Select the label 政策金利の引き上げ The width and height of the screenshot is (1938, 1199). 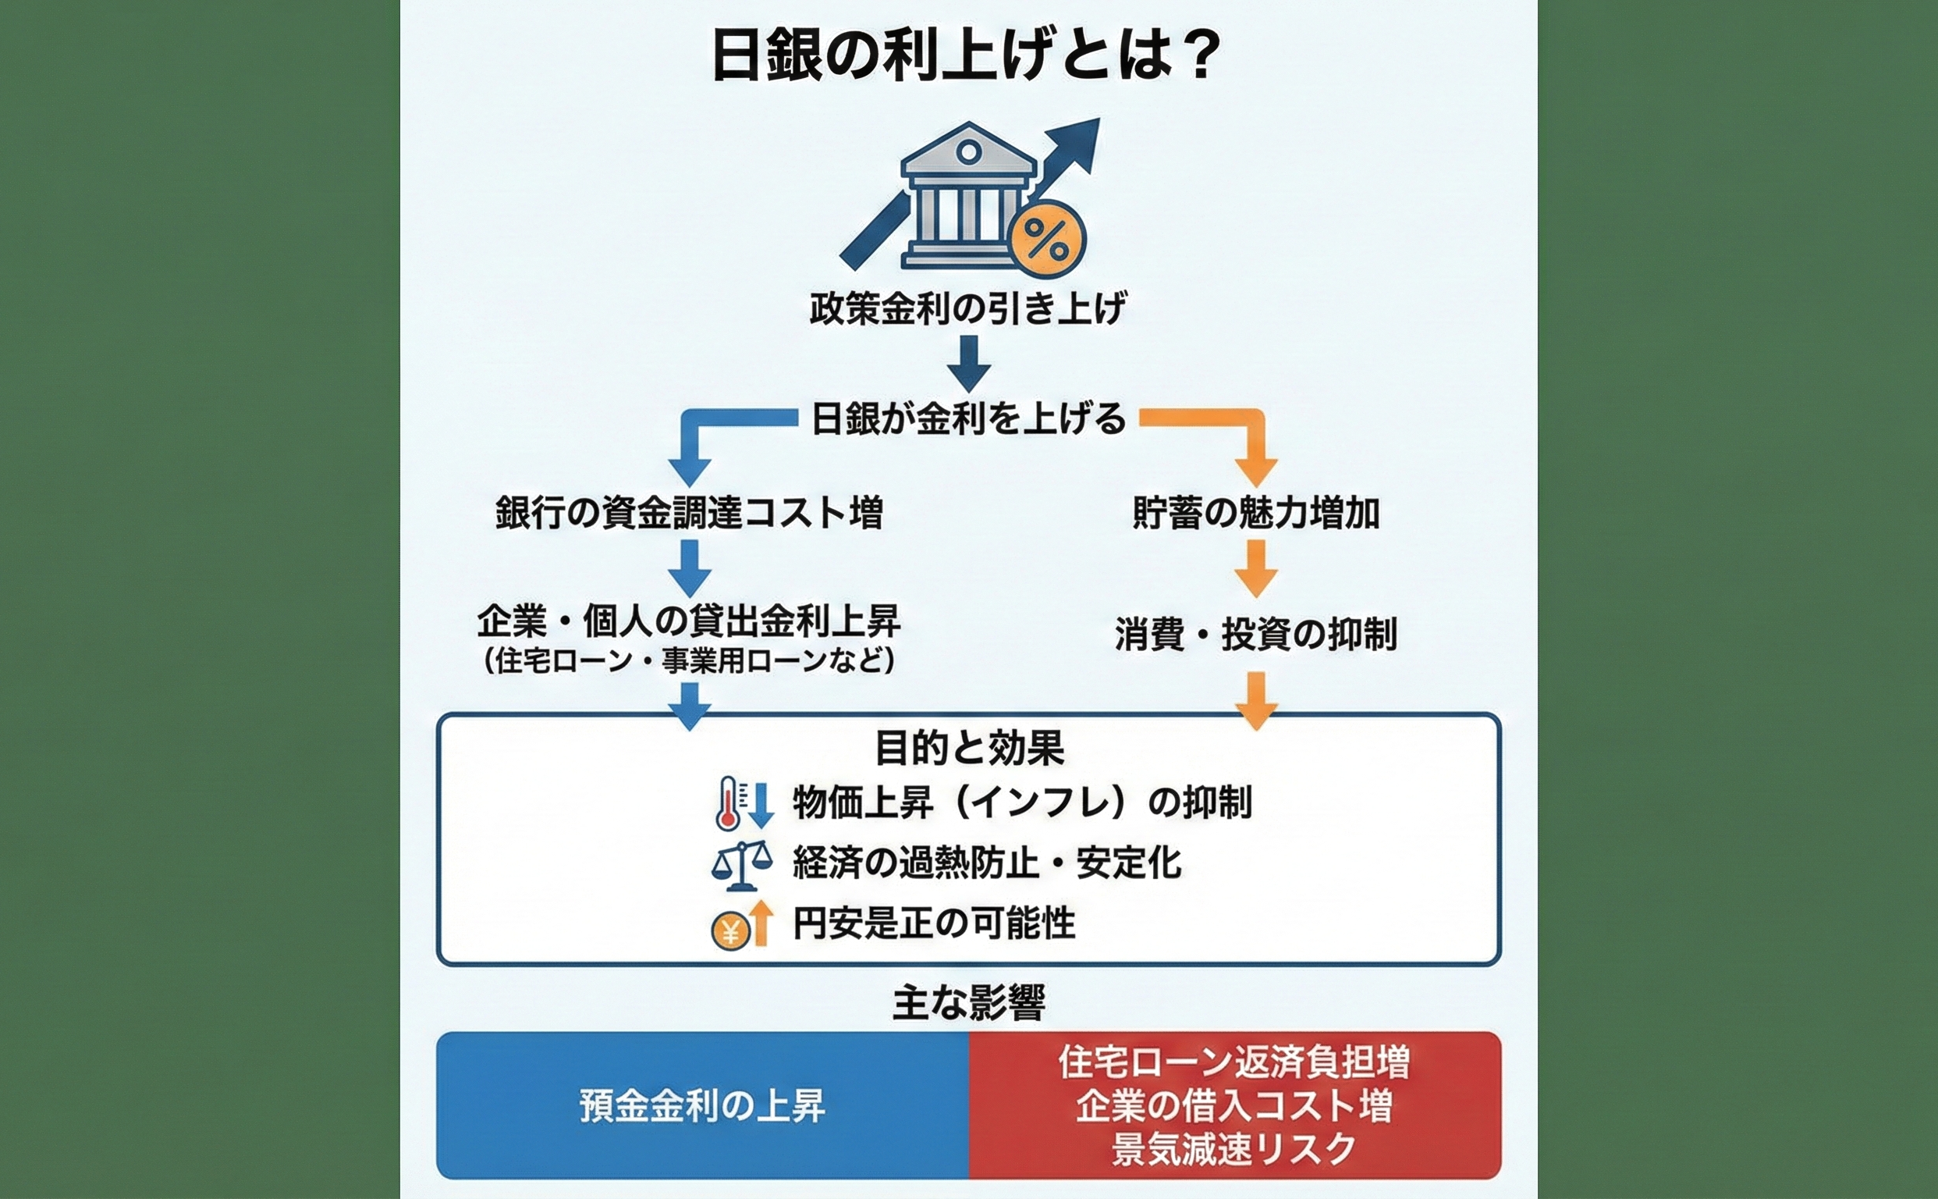click(x=967, y=308)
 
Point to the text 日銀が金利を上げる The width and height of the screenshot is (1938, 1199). click(x=967, y=418)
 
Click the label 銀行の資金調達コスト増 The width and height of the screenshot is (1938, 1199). click(x=690, y=512)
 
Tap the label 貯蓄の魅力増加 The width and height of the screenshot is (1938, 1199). click(x=1256, y=513)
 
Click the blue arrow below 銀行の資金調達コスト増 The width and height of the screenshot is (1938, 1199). click(x=690, y=567)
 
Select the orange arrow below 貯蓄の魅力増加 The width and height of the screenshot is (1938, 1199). click(x=1256, y=567)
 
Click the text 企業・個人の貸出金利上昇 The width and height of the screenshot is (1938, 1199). click(x=689, y=621)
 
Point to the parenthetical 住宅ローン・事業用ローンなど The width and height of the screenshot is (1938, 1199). click(x=689, y=661)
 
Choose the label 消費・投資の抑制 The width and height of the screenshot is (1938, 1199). click(x=1256, y=635)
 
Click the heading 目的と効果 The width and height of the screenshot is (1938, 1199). click(x=968, y=748)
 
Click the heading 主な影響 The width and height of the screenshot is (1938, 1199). click(x=968, y=1002)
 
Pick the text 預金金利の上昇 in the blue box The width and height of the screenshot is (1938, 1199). click(x=702, y=1106)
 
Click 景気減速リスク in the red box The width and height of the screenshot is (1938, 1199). click(x=1234, y=1149)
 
